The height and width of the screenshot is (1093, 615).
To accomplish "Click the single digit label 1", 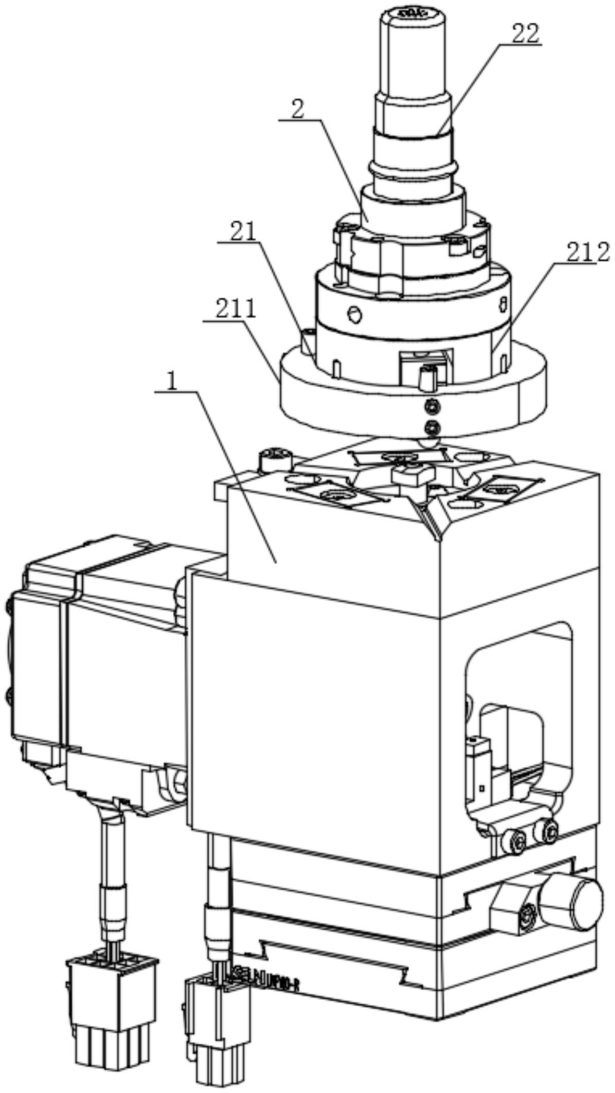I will pyautogui.click(x=175, y=381).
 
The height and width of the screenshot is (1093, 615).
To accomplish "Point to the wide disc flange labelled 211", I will pyautogui.click(x=412, y=401).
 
